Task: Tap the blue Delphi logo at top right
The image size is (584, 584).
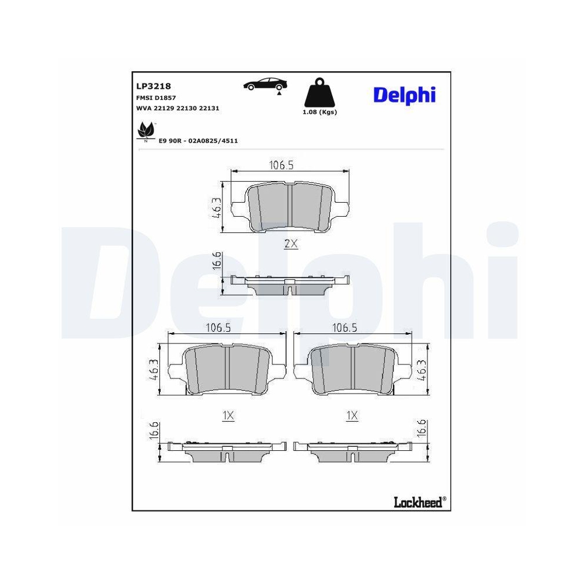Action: (404, 94)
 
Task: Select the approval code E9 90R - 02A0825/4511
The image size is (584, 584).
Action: (198, 141)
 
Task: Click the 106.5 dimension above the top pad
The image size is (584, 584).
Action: (281, 165)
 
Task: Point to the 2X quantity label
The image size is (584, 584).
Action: (290, 245)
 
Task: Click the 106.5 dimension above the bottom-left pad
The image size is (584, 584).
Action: (218, 328)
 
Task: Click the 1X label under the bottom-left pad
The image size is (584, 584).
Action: (228, 416)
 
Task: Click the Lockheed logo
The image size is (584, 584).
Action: (418, 500)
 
